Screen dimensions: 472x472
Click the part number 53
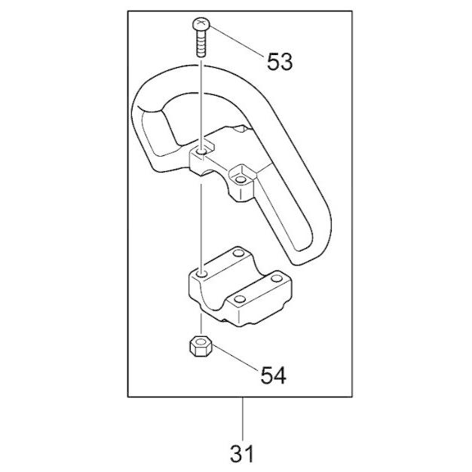click(x=280, y=62)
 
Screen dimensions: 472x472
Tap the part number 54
click(x=274, y=375)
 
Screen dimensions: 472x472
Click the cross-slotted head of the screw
click(x=201, y=24)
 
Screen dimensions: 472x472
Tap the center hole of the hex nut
click(x=201, y=342)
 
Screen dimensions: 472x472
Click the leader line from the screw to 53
click(x=236, y=41)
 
